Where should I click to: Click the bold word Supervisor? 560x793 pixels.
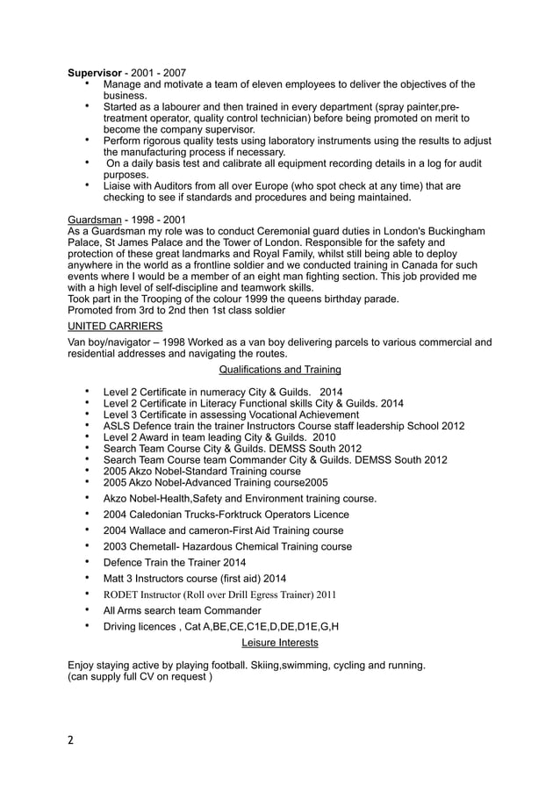(96, 72)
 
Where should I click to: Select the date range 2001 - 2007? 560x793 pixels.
(158, 72)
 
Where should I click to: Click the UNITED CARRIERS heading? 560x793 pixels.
(115, 326)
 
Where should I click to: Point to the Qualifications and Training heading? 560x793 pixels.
(279, 370)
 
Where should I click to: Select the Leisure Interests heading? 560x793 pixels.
(279, 643)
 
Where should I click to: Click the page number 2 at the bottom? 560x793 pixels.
(71, 740)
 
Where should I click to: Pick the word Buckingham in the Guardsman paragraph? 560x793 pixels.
(453, 231)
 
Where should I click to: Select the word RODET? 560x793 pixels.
(123, 595)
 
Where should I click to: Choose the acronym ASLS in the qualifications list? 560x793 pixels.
(118, 426)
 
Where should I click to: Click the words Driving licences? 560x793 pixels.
(141, 627)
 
